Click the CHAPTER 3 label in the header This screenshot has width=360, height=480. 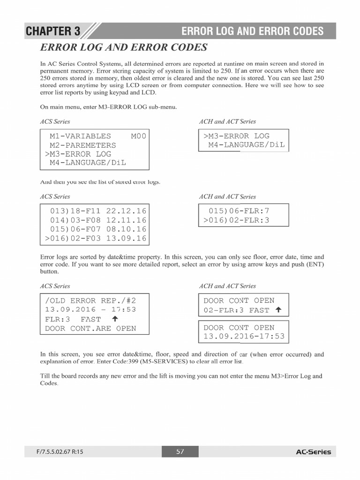click(x=53, y=31)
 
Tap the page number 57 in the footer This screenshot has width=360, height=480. click(x=180, y=452)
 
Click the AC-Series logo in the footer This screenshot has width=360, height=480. click(x=313, y=452)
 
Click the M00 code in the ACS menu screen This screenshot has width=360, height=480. click(x=138, y=136)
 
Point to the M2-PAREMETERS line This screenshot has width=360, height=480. click(x=83, y=145)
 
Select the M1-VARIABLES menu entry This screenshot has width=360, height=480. click(x=80, y=136)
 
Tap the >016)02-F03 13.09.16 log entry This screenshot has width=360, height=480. click(x=96, y=239)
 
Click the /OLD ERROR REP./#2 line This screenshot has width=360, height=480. click(x=90, y=300)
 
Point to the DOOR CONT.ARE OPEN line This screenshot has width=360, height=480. click(x=90, y=329)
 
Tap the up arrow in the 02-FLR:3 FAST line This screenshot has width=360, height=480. click(x=278, y=310)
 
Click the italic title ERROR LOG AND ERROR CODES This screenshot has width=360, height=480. click(x=124, y=47)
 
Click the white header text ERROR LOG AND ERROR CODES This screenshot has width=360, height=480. click(x=252, y=31)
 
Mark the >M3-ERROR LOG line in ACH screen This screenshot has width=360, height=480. click(x=236, y=136)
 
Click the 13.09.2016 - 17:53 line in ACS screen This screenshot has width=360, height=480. click(x=90, y=310)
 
